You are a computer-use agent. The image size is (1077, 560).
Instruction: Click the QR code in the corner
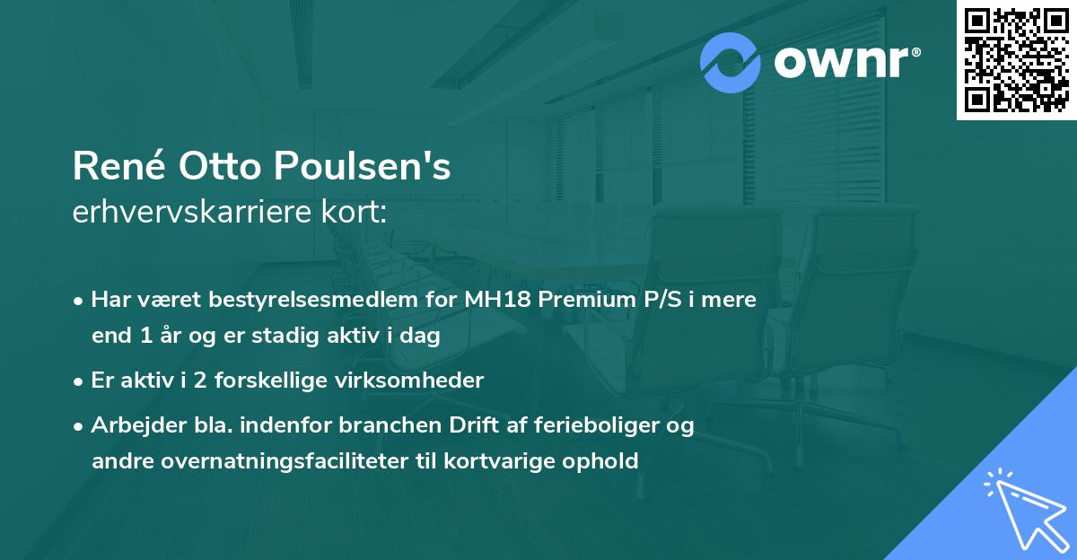[x=1017, y=60]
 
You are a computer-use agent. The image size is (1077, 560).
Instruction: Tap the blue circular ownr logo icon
[x=731, y=63]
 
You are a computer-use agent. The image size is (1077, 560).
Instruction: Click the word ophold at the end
[x=604, y=461]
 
